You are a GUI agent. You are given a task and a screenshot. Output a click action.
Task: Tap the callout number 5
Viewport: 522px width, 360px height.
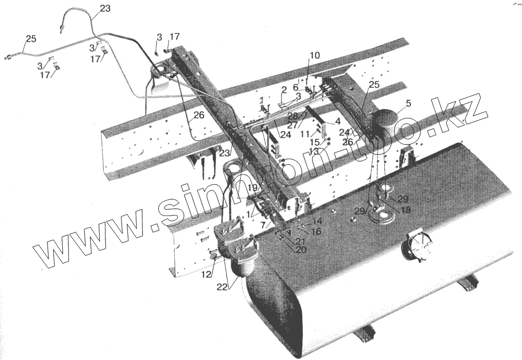408,103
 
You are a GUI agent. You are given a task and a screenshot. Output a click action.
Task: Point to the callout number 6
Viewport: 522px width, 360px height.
295,87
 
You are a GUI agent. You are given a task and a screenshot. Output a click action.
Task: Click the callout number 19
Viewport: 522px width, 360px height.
253,188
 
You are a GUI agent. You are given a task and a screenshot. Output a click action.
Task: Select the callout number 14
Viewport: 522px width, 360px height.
317,221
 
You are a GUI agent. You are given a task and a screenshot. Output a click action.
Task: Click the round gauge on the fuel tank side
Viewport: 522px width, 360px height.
416,247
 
